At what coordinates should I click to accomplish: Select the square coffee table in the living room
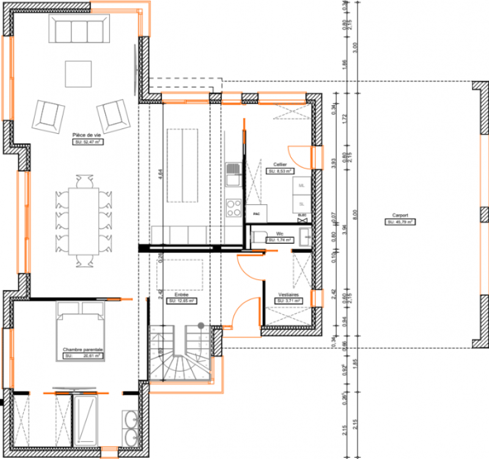tap(78, 74)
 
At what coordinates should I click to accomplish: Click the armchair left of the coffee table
tap(48, 114)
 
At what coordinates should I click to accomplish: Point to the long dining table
tap(83, 221)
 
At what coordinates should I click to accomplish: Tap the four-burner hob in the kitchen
tap(233, 208)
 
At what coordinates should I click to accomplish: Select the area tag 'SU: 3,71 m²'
tap(289, 301)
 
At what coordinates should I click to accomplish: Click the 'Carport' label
tap(400, 216)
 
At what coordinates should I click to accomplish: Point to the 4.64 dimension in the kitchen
tap(158, 174)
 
